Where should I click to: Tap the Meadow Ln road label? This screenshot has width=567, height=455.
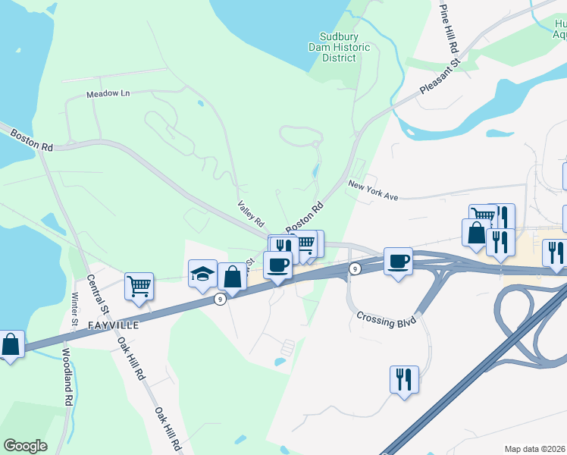108,93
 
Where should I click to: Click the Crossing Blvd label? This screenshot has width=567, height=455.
387,312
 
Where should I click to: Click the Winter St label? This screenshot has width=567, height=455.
75,311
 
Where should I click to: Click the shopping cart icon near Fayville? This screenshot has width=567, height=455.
139,286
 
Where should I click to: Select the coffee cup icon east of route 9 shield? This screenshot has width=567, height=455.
398,261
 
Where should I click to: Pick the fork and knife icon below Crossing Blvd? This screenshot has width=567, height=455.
404,378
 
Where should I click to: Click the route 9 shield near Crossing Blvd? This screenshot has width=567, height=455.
354,268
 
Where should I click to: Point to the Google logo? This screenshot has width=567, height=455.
25,446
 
